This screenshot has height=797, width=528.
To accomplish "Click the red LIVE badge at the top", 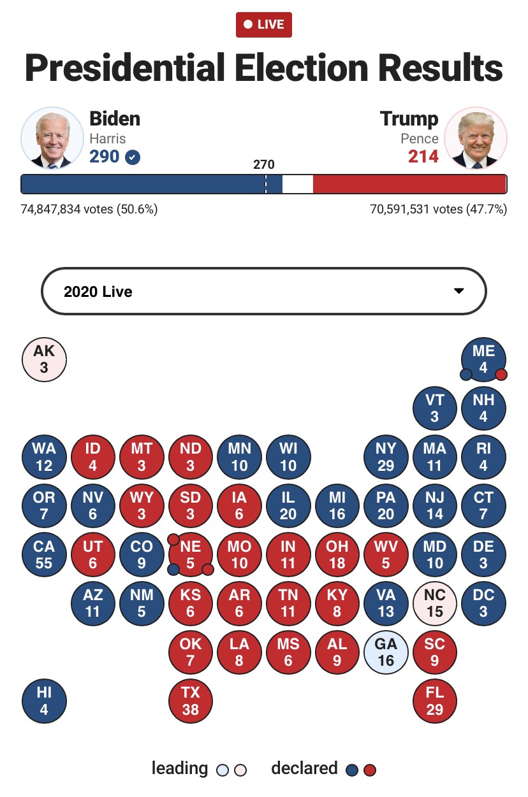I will click(264, 25).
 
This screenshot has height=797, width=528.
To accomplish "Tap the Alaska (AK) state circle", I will click(44, 359).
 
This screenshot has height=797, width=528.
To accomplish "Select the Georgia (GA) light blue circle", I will click(386, 652).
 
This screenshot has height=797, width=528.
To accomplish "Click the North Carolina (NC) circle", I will click(434, 603).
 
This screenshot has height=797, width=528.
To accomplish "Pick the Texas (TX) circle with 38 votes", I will click(191, 701).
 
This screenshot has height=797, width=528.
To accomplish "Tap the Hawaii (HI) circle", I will click(44, 701).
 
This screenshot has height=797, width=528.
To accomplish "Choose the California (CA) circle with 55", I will click(44, 554).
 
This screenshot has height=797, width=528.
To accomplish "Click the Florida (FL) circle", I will click(434, 701).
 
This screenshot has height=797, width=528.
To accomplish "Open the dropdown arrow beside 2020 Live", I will click(458, 291).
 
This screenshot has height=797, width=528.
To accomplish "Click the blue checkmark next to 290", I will click(133, 157).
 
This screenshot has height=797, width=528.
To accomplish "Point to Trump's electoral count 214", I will click(423, 156).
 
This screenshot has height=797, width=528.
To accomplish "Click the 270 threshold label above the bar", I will click(264, 164).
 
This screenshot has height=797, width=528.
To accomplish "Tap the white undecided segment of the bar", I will click(297, 184).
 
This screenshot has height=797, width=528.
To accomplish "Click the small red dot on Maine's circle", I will click(501, 374).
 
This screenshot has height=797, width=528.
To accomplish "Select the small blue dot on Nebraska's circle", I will click(173, 569).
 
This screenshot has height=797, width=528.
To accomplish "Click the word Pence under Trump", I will click(420, 138).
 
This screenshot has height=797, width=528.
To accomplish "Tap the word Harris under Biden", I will click(108, 138).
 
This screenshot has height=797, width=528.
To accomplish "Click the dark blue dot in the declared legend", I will click(351, 770).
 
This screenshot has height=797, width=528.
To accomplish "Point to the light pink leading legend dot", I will click(240, 770).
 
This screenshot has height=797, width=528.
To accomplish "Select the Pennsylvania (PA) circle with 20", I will click(386, 505).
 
